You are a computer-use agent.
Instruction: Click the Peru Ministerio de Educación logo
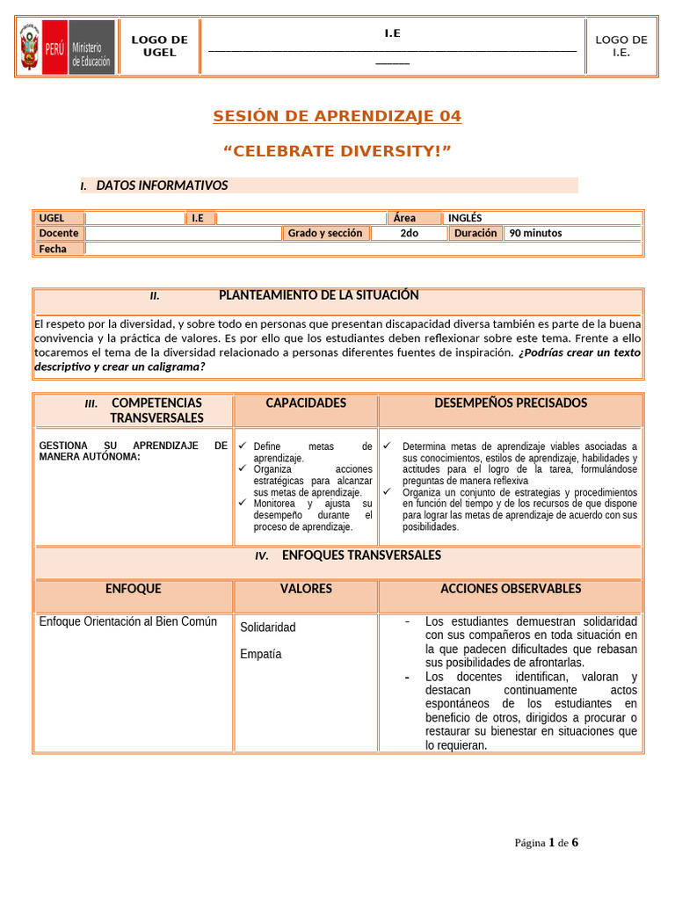tap(67, 47)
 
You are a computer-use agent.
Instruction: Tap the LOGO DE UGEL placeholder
tap(159, 47)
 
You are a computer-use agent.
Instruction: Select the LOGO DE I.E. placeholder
tap(621, 47)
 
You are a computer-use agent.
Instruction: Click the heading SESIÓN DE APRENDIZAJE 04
tap(337, 117)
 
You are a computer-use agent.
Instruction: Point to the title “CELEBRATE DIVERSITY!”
tap(337, 152)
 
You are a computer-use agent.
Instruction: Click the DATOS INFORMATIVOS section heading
tap(162, 185)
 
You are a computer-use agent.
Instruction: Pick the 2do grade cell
tap(409, 233)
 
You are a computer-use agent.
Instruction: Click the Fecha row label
tap(53, 249)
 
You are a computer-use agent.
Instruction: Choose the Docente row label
tap(58, 233)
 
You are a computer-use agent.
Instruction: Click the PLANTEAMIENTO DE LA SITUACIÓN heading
tap(318, 295)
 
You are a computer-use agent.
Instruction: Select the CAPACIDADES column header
tap(306, 403)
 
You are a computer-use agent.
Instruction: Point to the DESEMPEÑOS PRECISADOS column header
tap(511, 403)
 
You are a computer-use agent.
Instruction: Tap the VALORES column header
tap(306, 589)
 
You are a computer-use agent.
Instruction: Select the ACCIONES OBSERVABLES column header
tap(511, 589)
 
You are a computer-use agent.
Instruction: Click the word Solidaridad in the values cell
tap(268, 628)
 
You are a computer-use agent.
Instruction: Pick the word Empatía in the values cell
tap(261, 654)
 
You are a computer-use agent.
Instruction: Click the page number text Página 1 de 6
tap(546, 843)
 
